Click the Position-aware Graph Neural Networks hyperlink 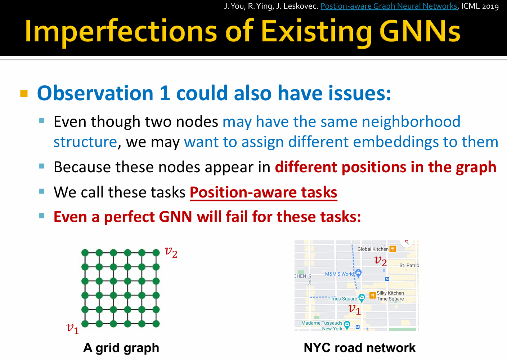click(389, 6)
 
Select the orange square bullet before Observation click(24, 93)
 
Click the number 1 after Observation click(165, 93)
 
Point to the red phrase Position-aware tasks click(264, 192)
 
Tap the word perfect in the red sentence click(129, 217)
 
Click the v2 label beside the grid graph click(171, 252)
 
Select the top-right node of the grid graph click(156, 253)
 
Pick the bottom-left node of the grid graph click(85, 324)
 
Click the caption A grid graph click(121, 348)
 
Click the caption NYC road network click(360, 347)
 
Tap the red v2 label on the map click(381, 261)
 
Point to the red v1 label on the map click(354, 309)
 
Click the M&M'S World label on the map click(339, 274)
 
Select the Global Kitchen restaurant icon click(393, 249)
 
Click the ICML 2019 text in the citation click(480, 6)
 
